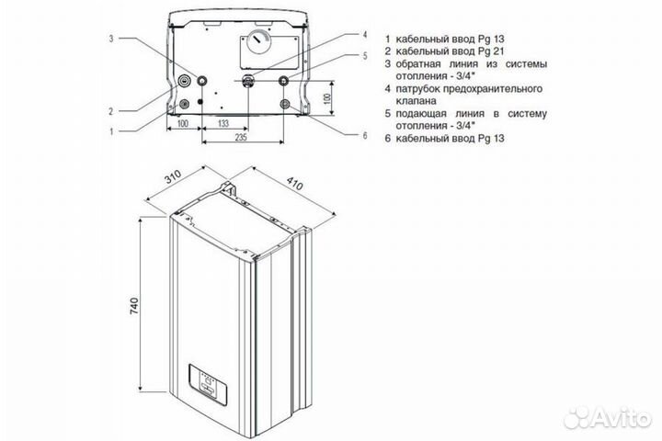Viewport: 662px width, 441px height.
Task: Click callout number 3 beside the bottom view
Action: point(109,39)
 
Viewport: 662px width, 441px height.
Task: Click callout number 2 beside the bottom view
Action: point(109,111)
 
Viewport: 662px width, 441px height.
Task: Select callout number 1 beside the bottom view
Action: point(109,130)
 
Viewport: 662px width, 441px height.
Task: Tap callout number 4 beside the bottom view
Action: point(365,35)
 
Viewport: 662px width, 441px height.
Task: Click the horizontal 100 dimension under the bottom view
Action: point(182,121)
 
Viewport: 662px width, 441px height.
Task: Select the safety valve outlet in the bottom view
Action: point(249,80)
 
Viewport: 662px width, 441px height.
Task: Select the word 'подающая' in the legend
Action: point(426,113)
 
